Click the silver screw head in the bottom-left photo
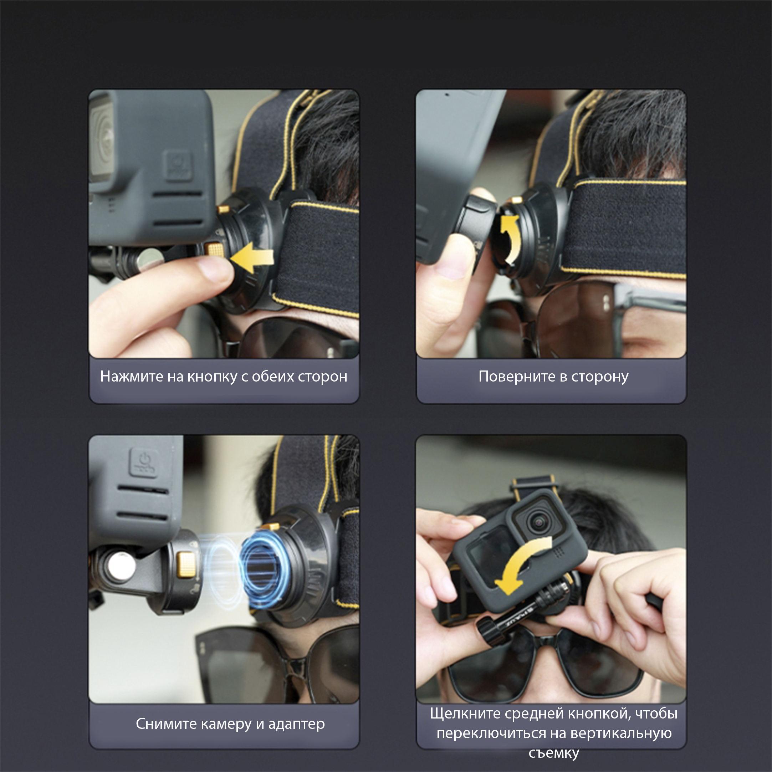(x=121, y=567)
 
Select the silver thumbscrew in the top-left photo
(x=148, y=260)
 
